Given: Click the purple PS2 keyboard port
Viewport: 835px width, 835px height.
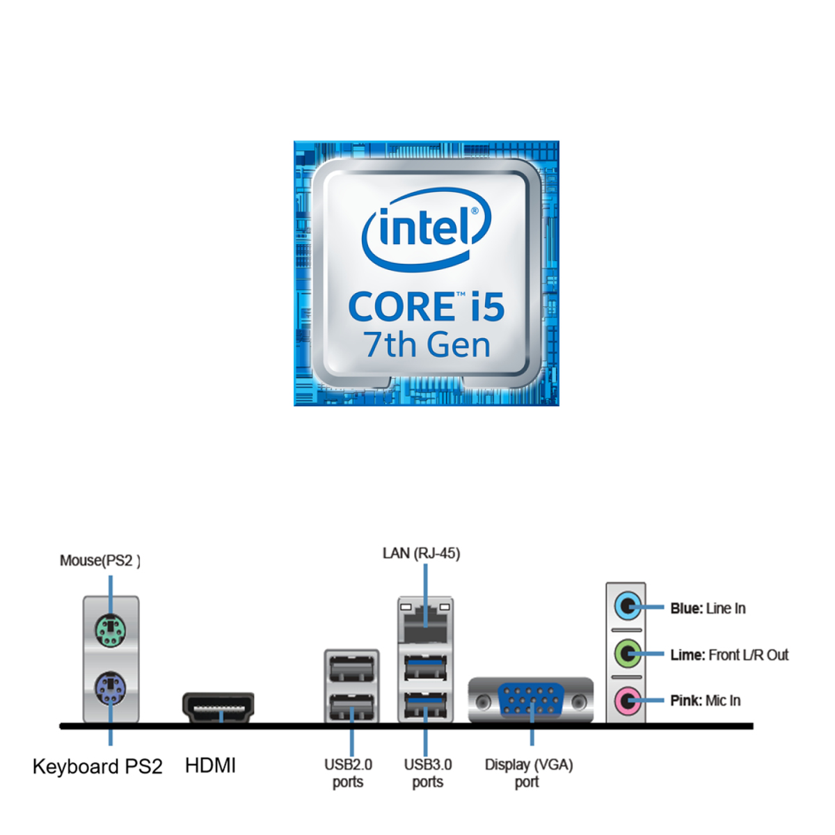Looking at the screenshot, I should [x=110, y=690].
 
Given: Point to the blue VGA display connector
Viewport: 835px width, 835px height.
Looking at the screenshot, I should [x=531, y=700].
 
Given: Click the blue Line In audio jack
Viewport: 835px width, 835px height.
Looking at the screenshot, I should [x=627, y=606].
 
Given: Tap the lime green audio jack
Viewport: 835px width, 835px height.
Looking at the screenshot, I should [x=627, y=653].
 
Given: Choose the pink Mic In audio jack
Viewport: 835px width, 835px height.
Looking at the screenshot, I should [x=627, y=700].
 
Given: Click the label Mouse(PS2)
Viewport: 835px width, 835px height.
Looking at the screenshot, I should [x=100, y=561].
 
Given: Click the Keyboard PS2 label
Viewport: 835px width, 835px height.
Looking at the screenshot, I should [x=97, y=767].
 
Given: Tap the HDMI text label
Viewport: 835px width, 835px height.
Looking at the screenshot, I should [x=210, y=766].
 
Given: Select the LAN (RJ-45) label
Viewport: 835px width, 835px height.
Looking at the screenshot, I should [x=421, y=554].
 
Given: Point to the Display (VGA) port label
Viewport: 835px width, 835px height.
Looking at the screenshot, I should [x=529, y=773].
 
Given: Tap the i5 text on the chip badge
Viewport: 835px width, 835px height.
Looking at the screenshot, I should [x=486, y=307].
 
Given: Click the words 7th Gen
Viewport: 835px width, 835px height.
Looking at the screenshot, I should [x=427, y=345].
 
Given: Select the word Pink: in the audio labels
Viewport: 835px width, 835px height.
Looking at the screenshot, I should [x=686, y=701].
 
